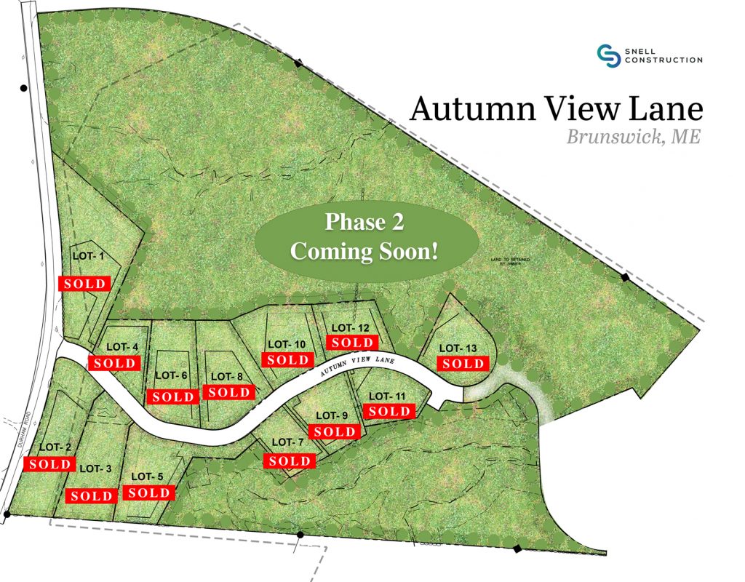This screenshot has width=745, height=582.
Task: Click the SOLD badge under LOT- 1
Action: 84,283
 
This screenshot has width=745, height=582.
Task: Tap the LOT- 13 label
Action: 461,348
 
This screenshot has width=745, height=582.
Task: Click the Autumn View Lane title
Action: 557,108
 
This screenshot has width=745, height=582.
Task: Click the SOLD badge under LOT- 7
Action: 290,461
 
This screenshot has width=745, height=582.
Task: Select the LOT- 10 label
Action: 287,344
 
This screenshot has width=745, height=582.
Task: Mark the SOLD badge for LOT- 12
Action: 352,342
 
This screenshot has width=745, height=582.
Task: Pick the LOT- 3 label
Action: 95,469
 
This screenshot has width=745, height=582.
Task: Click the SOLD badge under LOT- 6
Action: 173,396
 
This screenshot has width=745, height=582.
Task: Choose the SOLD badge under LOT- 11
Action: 389,411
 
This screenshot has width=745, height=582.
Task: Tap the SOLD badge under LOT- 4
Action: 113,362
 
